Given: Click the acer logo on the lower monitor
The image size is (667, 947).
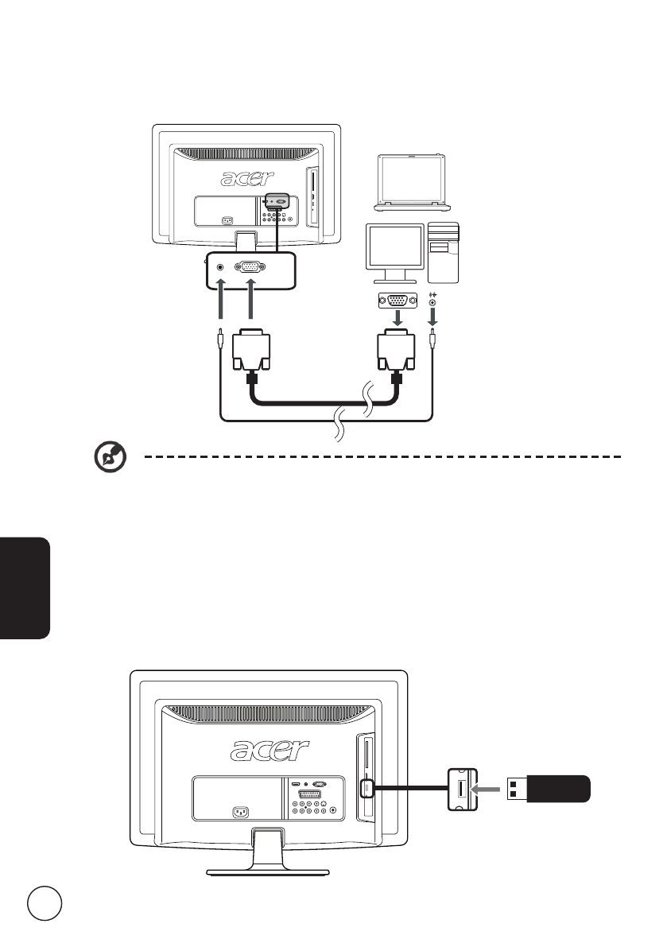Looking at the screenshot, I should click(x=270, y=749).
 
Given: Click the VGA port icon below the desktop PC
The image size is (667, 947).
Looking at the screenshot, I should click(x=394, y=301).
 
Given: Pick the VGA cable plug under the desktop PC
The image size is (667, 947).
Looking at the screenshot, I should click(x=395, y=354).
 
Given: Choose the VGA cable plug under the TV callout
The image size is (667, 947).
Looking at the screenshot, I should click(x=250, y=354).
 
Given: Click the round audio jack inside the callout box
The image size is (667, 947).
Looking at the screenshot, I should click(x=220, y=268).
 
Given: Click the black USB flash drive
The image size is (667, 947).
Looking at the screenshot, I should click(x=549, y=789).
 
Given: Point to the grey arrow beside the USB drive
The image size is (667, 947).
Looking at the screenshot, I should click(x=489, y=789).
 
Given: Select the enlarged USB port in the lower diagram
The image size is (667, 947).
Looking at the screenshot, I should click(x=462, y=789).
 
